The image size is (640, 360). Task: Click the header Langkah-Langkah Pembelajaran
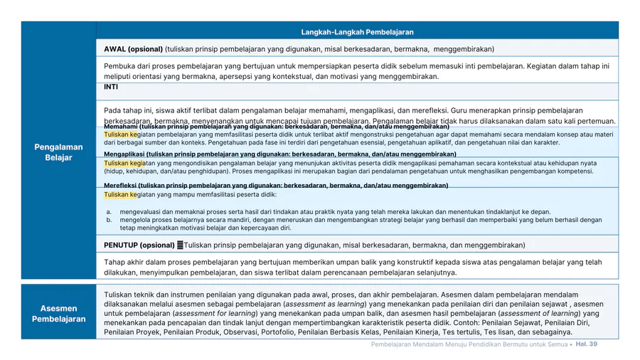click(357, 32)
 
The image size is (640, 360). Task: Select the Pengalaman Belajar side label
click(58, 152)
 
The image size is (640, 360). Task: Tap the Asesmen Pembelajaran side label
click(58, 313)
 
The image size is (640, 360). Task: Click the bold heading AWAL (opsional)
click(133, 49)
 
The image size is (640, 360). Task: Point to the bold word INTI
click(111, 87)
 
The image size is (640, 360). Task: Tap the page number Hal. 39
click(586, 344)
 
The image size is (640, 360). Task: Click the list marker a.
click(109, 212)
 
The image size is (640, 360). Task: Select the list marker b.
click(109, 221)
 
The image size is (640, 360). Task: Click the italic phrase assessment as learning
click(324, 304)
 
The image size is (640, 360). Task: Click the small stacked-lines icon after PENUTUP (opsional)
click(180, 245)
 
